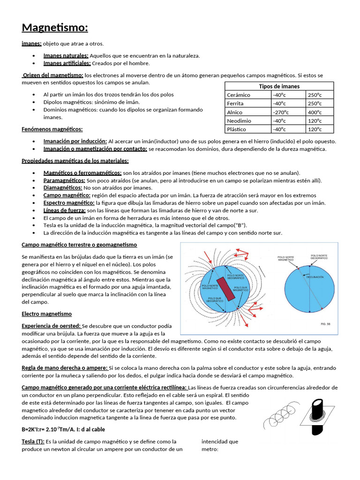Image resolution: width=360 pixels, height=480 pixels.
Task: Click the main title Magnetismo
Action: tap(55, 28)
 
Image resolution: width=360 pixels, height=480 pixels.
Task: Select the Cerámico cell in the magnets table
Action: tap(238, 95)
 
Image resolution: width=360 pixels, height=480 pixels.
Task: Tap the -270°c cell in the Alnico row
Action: tap(281, 112)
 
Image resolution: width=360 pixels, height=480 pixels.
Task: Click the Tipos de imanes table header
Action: tap(279, 86)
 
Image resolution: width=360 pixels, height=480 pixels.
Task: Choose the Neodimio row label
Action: tap(239, 121)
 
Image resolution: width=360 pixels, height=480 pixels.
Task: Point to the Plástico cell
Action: tap(237, 130)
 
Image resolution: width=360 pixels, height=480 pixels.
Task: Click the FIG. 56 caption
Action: tap(324, 323)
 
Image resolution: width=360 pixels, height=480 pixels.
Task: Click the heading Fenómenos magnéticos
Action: tap(52, 129)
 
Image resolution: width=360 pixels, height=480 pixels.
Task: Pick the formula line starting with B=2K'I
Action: tap(63, 429)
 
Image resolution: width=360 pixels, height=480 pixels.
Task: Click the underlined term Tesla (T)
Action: tap(33, 442)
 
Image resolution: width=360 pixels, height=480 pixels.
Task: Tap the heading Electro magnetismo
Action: tap(47, 314)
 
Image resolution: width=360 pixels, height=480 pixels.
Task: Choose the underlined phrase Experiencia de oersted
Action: tap(52, 326)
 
